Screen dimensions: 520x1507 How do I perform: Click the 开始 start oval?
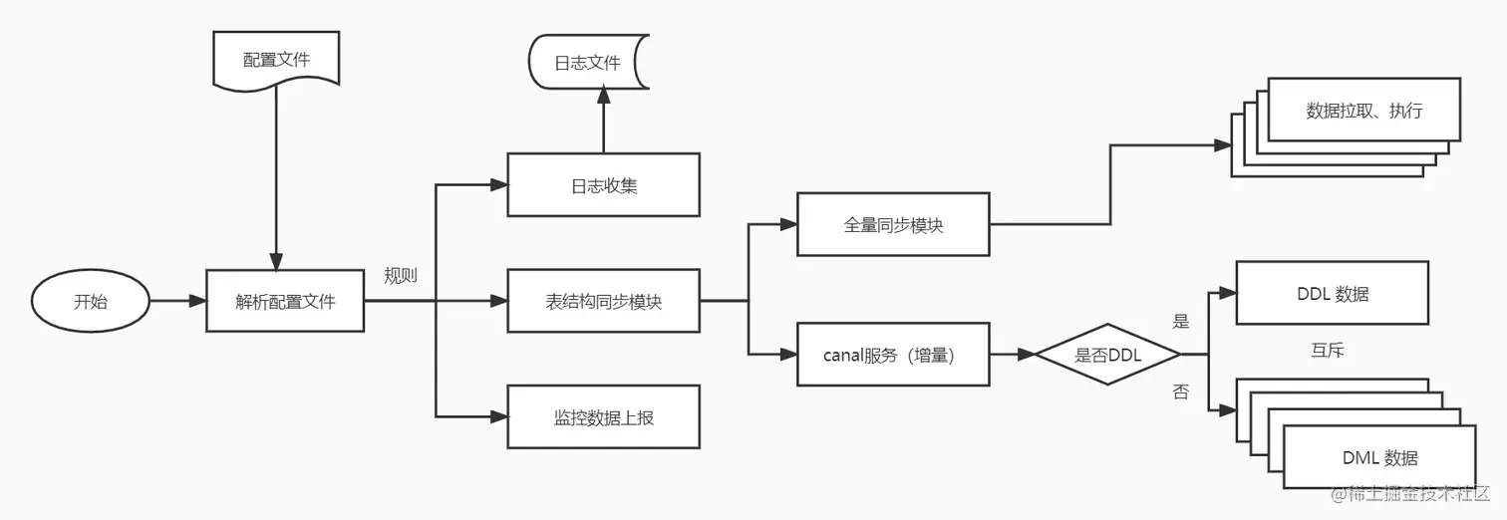click(x=90, y=301)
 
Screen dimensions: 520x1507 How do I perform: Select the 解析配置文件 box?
click(x=285, y=301)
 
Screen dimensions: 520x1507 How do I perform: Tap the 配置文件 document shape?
click(x=276, y=60)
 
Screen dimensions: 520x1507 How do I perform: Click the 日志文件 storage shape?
click(x=588, y=63)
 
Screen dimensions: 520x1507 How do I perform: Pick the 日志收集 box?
click(x=603, y=184)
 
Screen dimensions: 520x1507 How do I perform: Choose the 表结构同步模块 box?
click(x=603, y=301)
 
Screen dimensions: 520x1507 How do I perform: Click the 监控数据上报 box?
click(x=603, y=416)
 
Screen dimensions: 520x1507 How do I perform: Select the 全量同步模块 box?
click(x=893, y=224)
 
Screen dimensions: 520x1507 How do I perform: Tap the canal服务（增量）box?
click(x=893, y=354)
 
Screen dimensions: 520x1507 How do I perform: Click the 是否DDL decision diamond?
click(x=1107, y=354)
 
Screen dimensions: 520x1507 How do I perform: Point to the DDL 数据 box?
click(x=1333, y=294)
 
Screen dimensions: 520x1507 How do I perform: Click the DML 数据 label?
click(x=1379, y=458)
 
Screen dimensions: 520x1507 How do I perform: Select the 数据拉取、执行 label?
click(x=1363, y=111)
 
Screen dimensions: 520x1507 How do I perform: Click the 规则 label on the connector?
click(x=401, y=276)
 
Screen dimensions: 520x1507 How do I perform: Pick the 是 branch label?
click(x=1181, y=322)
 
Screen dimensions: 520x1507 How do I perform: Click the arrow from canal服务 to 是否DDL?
click(x=1013, y=354)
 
